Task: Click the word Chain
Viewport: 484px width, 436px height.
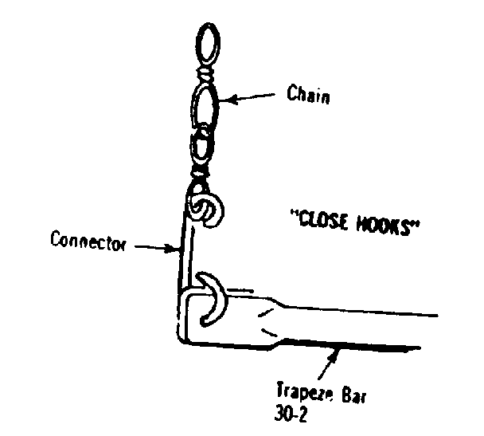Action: pyautogui.click(x=308, y=94)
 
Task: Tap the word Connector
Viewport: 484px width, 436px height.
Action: pyautogui.click(x=88, y=242)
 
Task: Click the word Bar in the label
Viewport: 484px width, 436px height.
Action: pyautogui.click(x=353, y=395)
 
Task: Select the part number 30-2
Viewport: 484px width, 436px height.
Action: pyautogui.click(x=291, y=414)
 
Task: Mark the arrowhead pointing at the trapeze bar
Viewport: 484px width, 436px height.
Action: pyautogui.click(x=335, y=355)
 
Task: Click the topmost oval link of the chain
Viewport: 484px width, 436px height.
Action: pyautogui.click(x=208, y=43)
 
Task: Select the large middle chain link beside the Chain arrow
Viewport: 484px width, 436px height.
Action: pyautogui.click(x=204, y=104)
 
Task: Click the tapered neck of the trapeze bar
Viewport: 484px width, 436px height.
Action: pyautogui.click(x=271, y=321)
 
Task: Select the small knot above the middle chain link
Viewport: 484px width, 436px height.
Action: pyautogui.click(x=205, y=73)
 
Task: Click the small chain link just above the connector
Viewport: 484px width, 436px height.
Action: pyautogui.click(x=201, y=147)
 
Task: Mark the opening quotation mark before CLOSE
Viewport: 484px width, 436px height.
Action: pyautogui.click(x=295, y=214)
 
